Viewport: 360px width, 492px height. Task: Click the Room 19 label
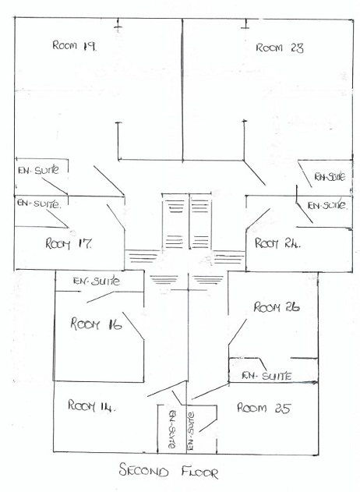[75, 45]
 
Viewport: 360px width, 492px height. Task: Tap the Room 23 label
[280, 48]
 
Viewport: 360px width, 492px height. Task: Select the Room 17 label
[69, 243]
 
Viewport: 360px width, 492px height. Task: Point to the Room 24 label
[277, 243]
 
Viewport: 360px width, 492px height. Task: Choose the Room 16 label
[96, 324]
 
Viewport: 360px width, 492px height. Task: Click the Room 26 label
[277, 307]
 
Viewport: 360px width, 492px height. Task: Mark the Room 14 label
[92, 405]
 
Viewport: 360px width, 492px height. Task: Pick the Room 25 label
[264, 408]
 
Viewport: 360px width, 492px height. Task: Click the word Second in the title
[143, 470]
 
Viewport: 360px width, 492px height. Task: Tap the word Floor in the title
[199, 472]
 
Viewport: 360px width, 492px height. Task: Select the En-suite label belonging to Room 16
[97, 281]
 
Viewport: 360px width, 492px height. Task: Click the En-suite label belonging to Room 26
[266, 376]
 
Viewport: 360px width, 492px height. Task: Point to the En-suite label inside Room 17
[38, 204]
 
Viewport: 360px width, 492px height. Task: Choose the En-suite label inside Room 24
[327, 206]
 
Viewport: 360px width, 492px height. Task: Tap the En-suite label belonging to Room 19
[39, 170]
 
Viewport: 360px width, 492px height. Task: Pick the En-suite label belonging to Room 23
[330, 177]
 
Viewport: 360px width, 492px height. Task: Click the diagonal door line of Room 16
[133, 326]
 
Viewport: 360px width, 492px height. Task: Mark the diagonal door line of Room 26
[238, 332]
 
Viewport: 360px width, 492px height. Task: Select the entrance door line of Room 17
[115, 217]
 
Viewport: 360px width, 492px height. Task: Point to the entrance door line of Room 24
[258, 218]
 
